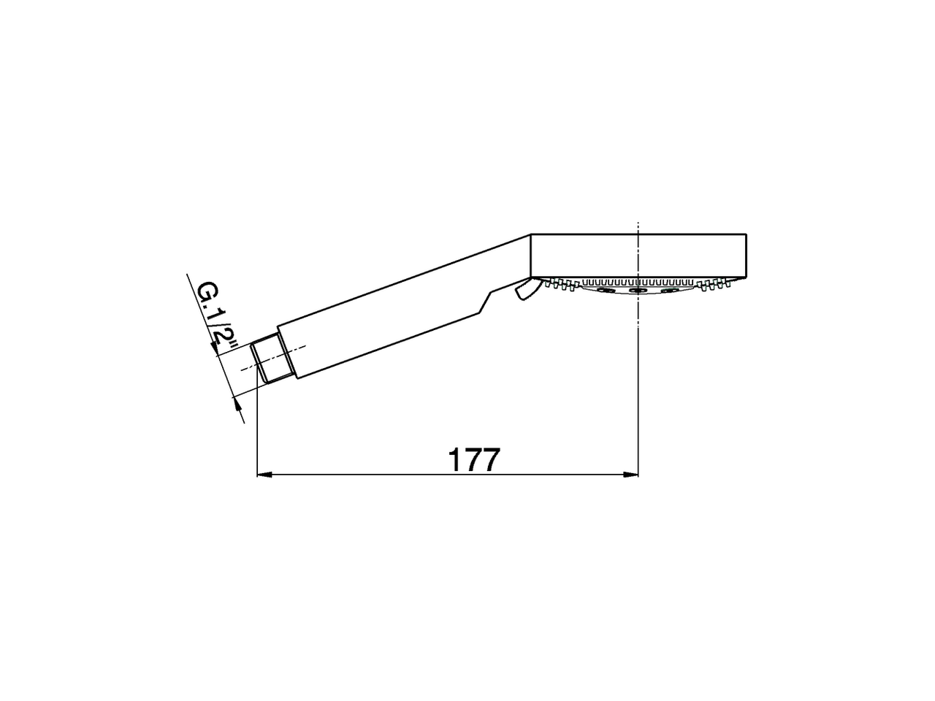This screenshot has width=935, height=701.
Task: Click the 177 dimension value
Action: [x=473, y=460]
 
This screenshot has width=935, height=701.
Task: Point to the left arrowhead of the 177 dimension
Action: [x=263, y=475]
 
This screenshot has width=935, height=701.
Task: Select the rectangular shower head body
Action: [x=638, y=256]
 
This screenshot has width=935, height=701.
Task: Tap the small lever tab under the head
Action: [x=524, y=291]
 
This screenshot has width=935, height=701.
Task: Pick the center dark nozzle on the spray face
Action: [x=638, y=291]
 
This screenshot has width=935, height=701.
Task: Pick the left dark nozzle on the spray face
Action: [x=606, y=291]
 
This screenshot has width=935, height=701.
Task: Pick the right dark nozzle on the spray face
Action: [x=668, y=291]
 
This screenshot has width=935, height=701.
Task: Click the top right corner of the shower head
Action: [x=746, y=234]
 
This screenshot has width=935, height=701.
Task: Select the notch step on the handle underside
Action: [x=485, y=300]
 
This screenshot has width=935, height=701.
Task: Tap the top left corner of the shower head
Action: [x=531, y=234]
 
